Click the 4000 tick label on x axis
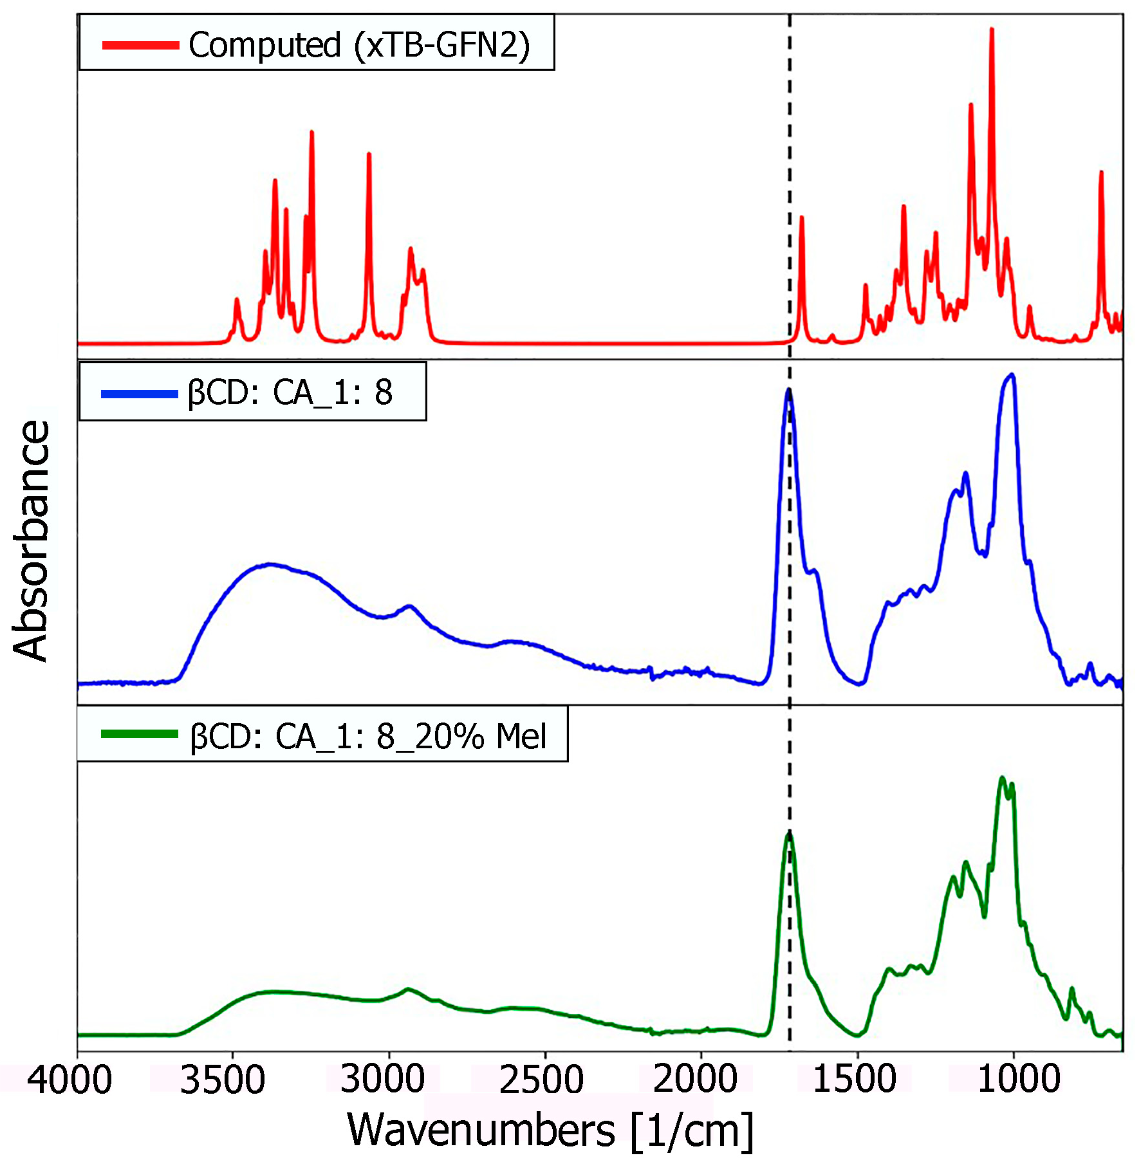click(70, 1080)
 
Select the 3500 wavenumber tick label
click(223, 1080)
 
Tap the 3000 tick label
click(382, 1080)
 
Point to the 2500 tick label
click(541, 1080)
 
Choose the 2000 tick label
click(695, 1080)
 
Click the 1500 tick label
click(855, 1080)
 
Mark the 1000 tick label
click(1019, 1080)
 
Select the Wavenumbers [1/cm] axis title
click(550, 1130)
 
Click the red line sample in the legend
click(140, 45)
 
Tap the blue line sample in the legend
click(139, 394)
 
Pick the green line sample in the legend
click(139, 734)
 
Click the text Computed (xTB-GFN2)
click(359, 45)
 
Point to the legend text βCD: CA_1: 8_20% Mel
click(368, 737)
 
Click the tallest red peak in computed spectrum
click(992, 30)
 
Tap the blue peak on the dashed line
click(788, 390)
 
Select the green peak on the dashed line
click(789, 833)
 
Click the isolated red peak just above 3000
click(369, 154)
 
